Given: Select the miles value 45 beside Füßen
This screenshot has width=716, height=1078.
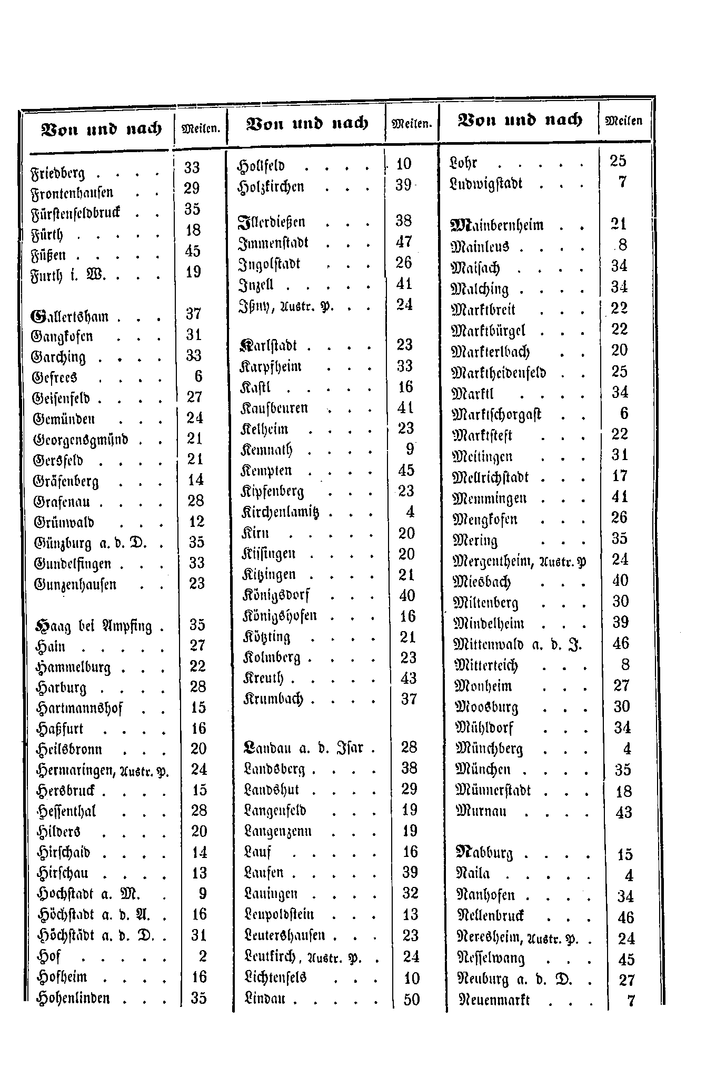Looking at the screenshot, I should [193, 251].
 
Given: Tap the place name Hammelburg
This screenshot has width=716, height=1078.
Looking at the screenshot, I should [73, 667].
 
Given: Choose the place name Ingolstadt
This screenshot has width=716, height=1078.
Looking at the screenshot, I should [270, 264].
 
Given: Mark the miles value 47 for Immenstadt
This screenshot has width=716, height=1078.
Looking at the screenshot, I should [404, 242].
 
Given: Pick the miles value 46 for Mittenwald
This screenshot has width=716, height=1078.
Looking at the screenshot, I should [621, 644].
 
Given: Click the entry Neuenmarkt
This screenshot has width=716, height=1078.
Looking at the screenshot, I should [495, 1000].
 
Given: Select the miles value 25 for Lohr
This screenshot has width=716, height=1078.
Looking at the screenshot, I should [618, 161].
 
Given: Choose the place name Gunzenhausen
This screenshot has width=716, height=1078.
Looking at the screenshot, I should [75, 585].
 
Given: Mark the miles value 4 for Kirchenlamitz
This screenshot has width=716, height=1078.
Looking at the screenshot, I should [410, 512].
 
